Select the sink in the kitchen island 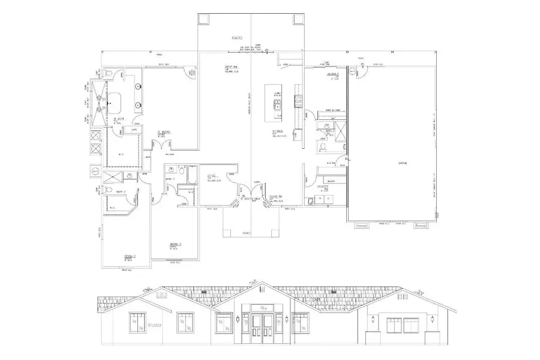tap(277, 107)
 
